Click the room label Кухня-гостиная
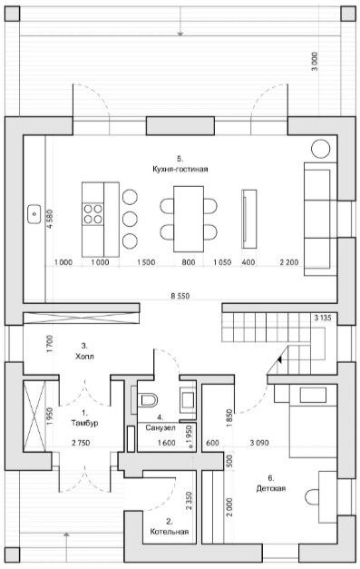click(x=180, y=169)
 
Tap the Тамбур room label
click(x=84, y=423)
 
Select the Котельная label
click(x=170, y=532)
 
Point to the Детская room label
click(x=271, y=488)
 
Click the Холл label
click(x=84, y=357)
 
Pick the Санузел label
click(x=161, y=427)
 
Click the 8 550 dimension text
click(x=180, y=296)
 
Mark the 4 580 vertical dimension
click(x=50, y=219)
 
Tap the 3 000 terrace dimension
click(x=315, y=62)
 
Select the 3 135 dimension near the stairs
click(x=323, y=319)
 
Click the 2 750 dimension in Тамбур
click(x=81, y=443)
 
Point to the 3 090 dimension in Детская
click(x=259, y=443)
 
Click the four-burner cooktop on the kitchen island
click(x=92, y=214)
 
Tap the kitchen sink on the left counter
click(x=34, y=214)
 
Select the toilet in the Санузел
click(x=149, y=400)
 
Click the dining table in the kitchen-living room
click(x=188, y=219)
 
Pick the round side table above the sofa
click(x=320, y=149)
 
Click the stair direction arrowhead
click(x=279, y=359)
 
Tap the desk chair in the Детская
click(x=311, y=496)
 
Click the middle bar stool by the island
click(x=130, y=220)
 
